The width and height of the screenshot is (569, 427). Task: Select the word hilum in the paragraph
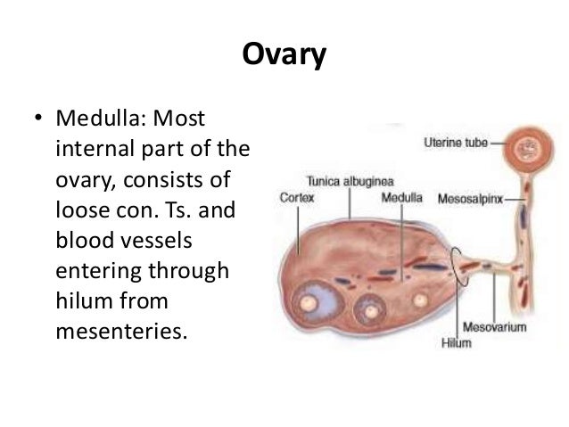[83, 305]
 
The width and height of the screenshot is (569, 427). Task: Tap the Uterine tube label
[456, 142]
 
